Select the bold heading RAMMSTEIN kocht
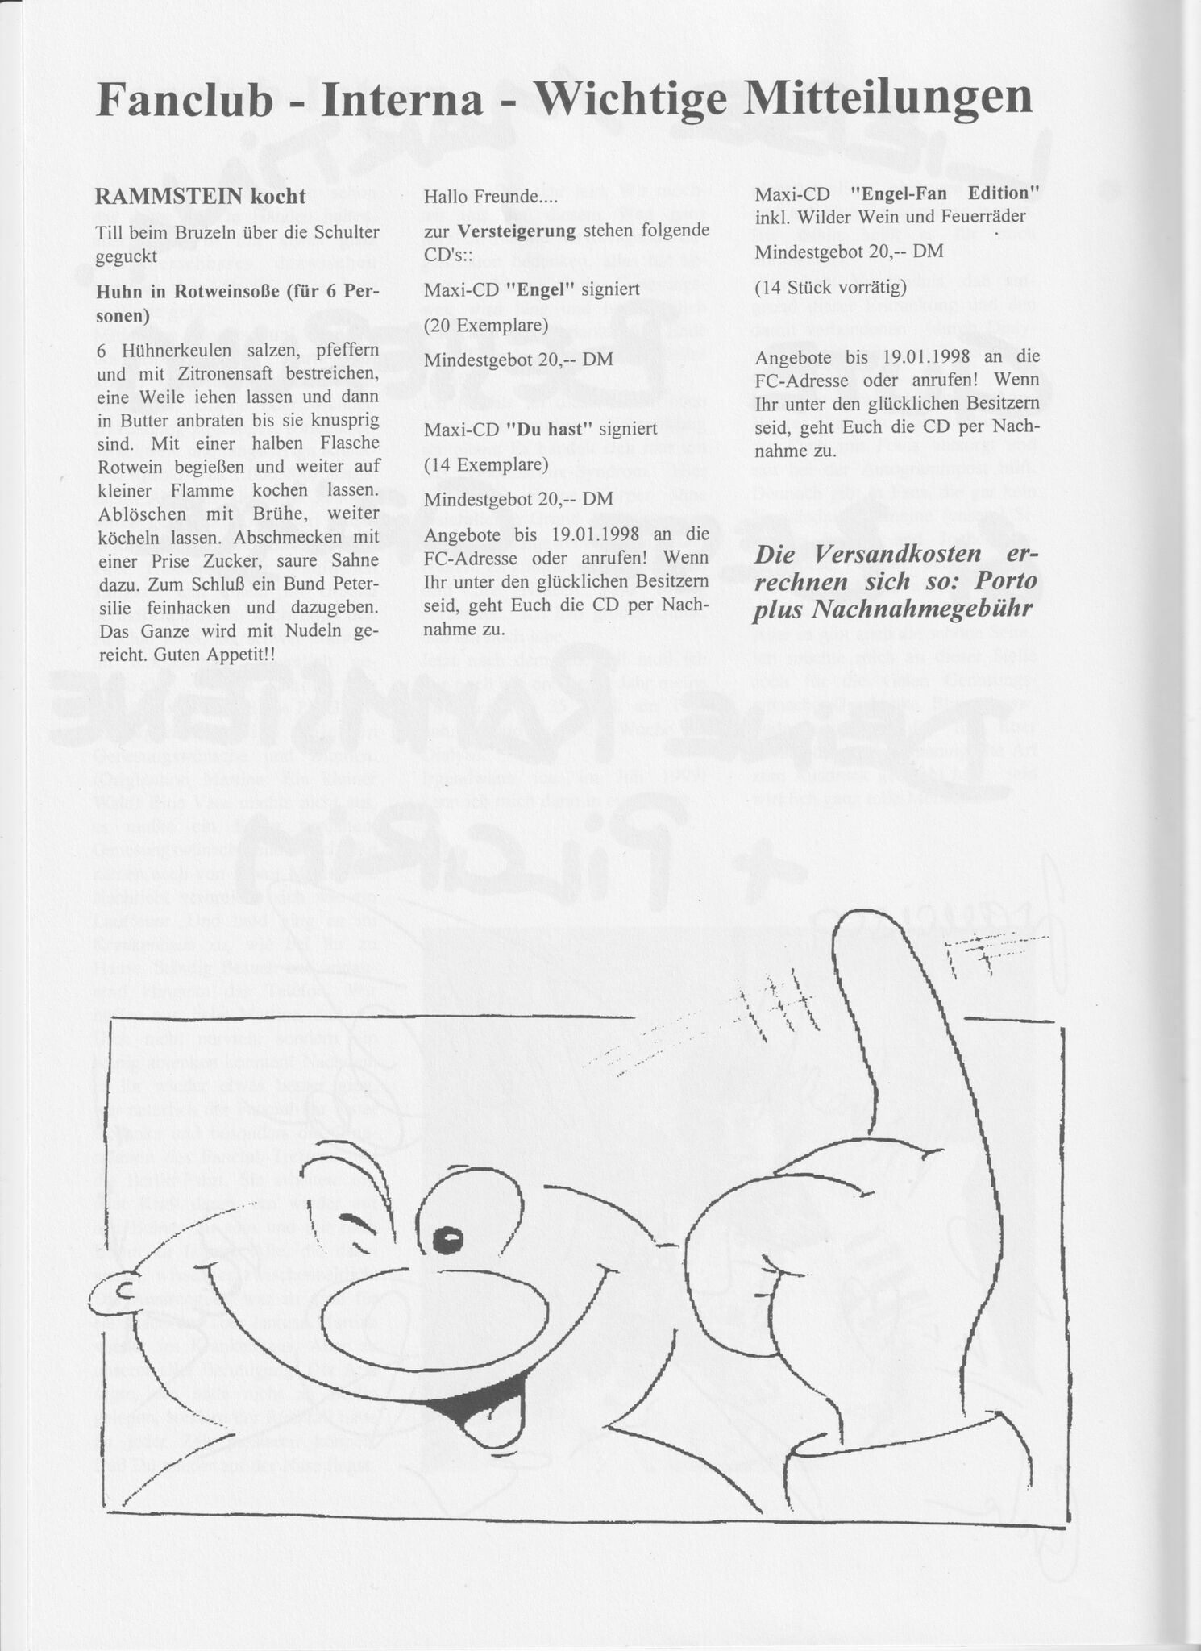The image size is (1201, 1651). pyautogui.click(x=199, y=196)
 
